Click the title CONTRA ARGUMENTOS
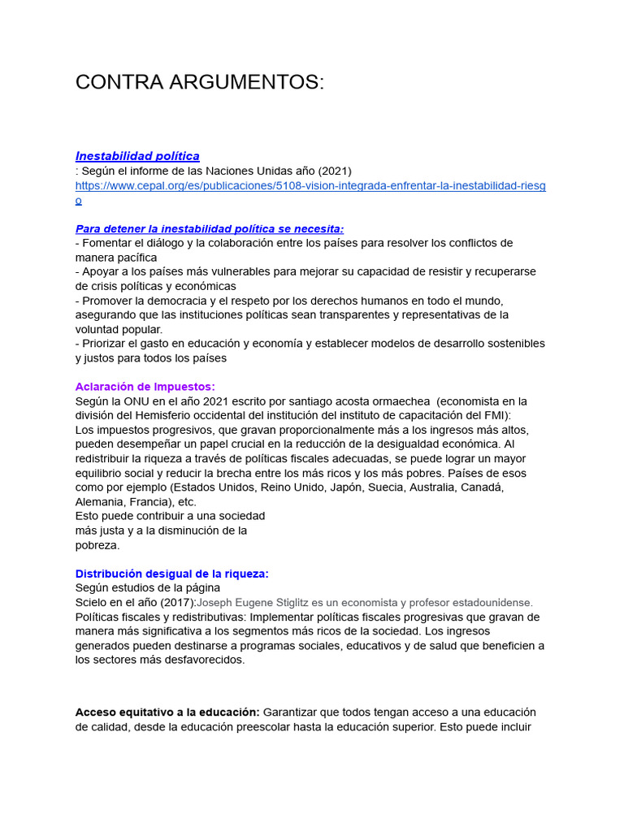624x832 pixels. pos(199,82)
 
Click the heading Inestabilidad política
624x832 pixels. pos(137,156)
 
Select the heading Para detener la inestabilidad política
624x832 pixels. pos(210,229)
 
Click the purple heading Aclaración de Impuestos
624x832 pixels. pos(145,387)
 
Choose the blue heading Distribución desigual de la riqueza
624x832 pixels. pos(171,574)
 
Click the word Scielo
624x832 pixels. pos(93,603)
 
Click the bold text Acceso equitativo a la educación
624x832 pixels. pos(167,713)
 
